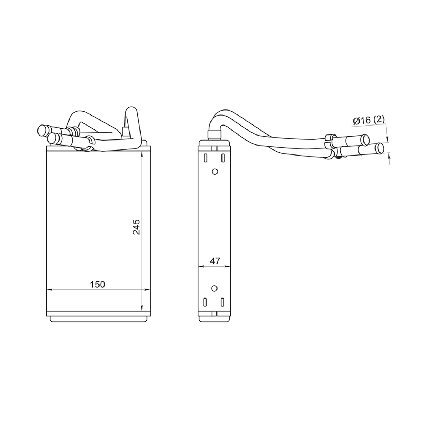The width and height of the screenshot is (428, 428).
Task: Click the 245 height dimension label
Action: click(x=136, y=227)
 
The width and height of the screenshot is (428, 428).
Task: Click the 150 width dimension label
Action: click(x=97, y=285)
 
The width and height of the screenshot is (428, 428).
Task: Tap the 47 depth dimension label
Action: click(x=215, y=261)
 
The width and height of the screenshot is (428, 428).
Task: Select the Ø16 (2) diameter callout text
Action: click(x=369, y=120)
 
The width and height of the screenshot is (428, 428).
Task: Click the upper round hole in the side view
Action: click(x=215, y=172)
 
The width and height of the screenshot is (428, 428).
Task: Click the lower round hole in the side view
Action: click(x=214, y=288)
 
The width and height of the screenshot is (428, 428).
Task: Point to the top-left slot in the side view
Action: click(x=205, y=158)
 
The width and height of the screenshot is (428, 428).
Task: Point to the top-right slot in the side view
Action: click(x=223, y=158)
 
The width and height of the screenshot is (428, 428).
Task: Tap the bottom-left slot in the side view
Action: click(x=205, y=302)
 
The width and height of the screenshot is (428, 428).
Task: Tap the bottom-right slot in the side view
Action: click(x=222, y=302)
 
